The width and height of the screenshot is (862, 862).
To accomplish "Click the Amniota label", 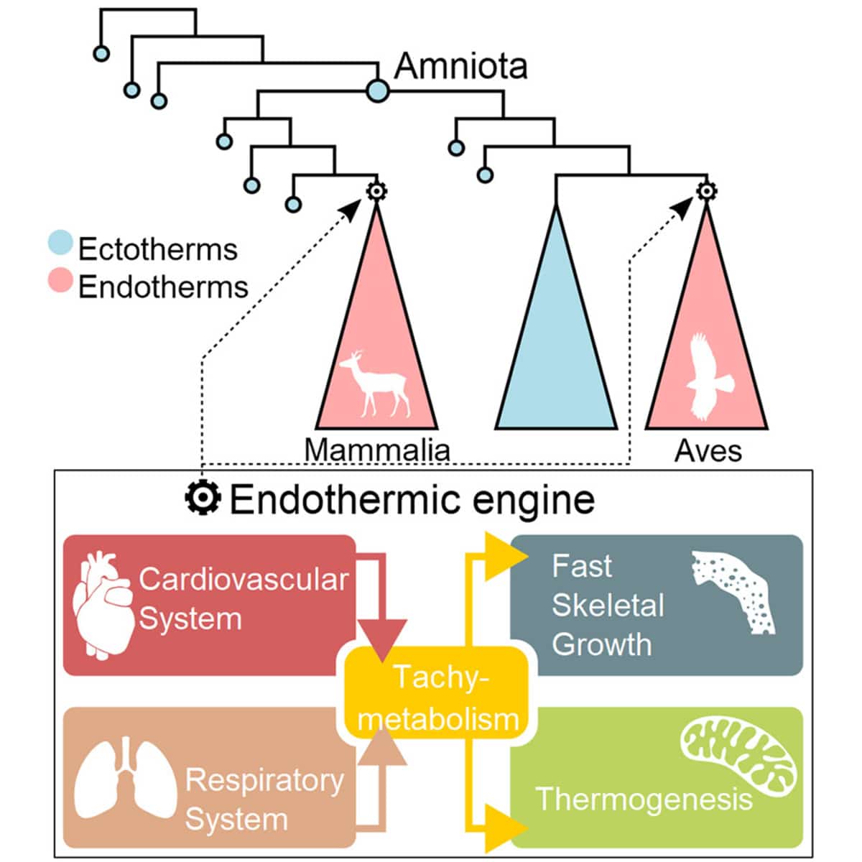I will click(x=460, y=66).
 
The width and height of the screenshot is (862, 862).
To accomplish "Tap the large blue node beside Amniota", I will click(x=377, y=91).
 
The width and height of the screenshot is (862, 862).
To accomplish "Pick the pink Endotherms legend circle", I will click(x=60, y=281).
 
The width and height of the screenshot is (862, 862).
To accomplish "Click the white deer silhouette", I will click(x=374, y=384).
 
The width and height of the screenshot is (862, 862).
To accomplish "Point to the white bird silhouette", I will click(x=708, y=377).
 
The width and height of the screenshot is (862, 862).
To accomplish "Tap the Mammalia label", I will click(x=377, y=450).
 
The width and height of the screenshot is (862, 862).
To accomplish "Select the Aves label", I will click(x=708, y=451).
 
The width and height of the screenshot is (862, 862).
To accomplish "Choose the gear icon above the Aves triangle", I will click(x=707, y=190).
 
